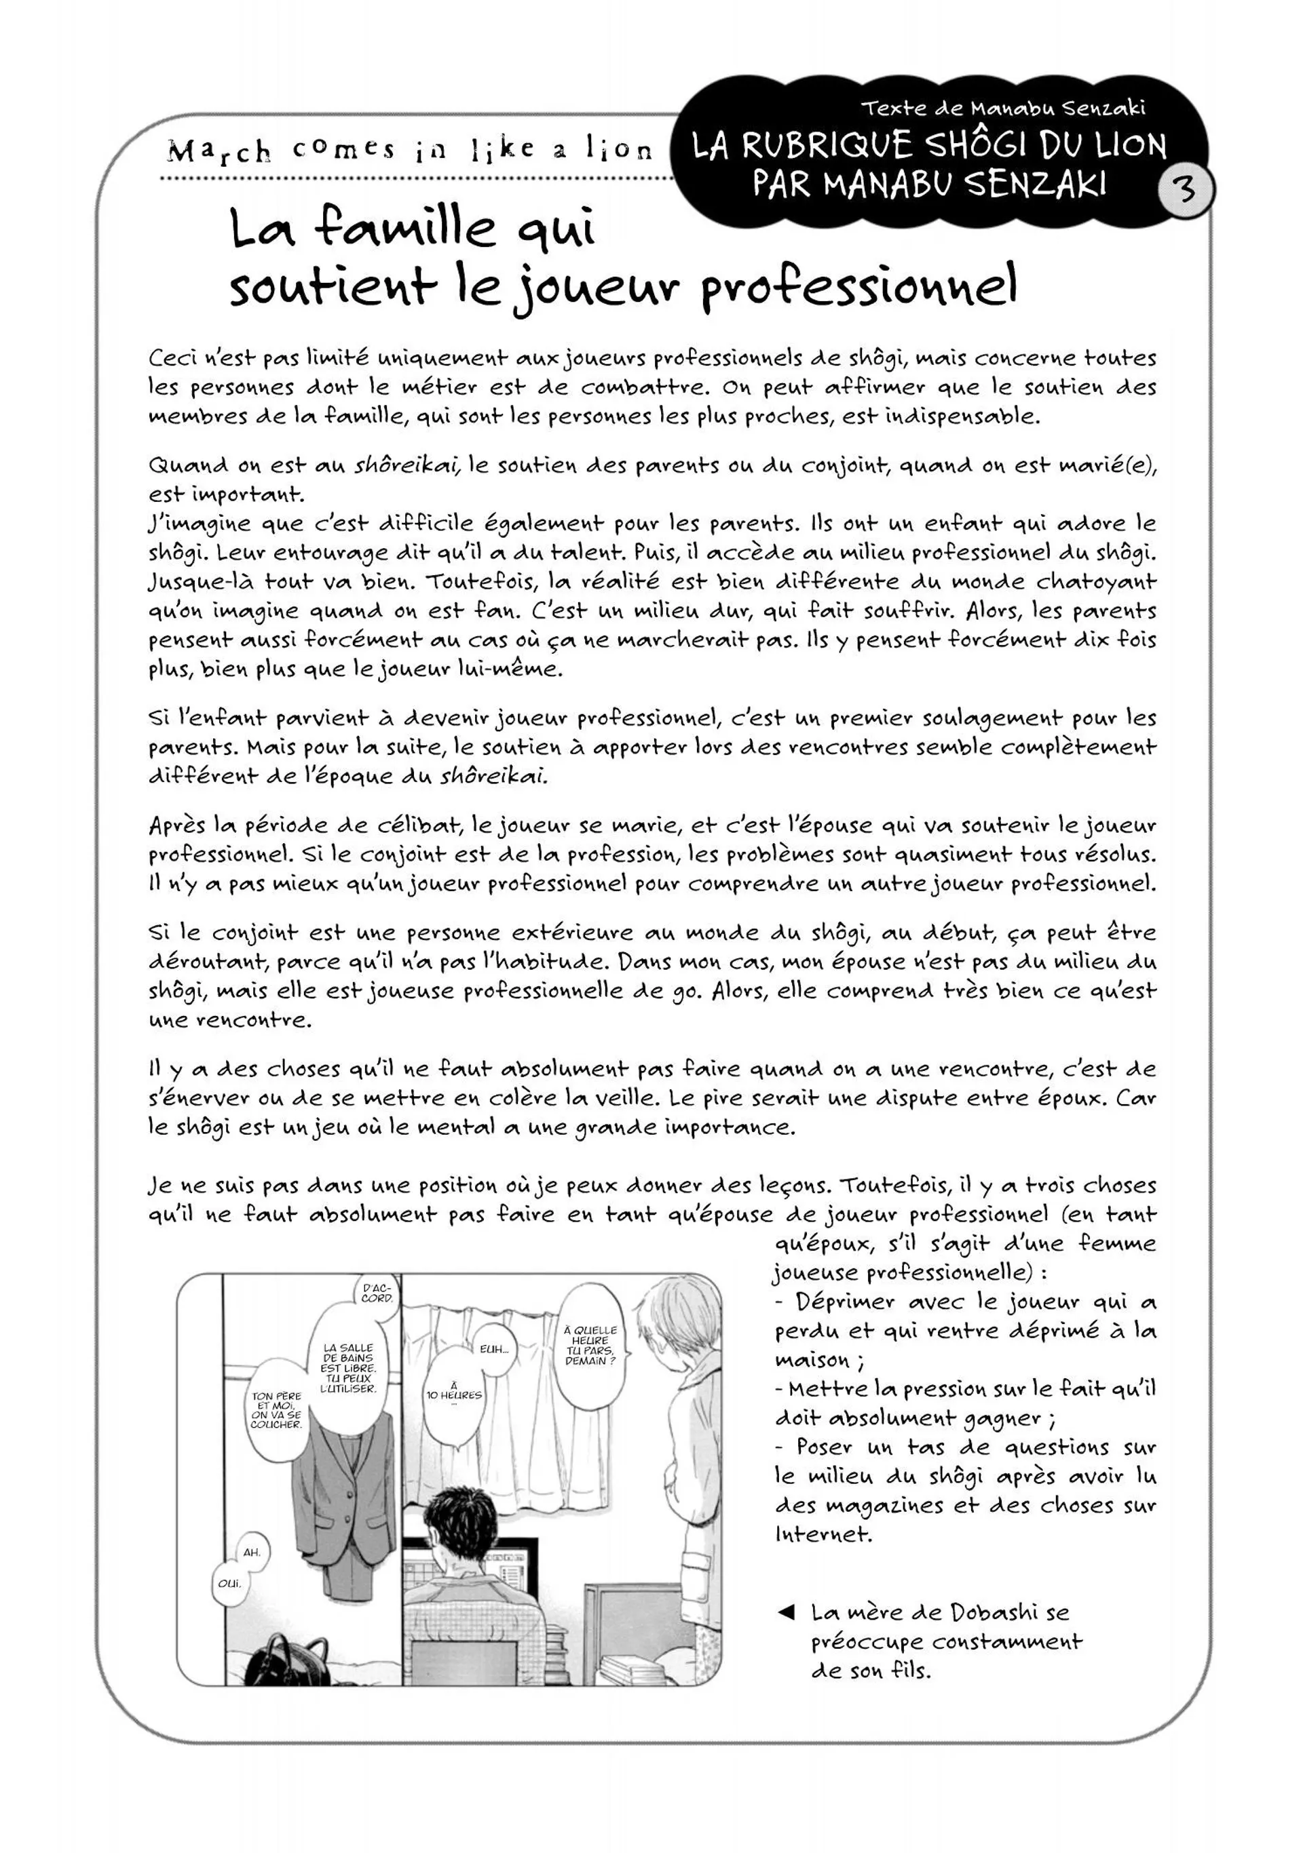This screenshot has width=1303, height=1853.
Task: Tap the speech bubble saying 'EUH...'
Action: tap(493, 1348)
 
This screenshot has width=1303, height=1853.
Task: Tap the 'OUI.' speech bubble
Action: tap(229, 1582)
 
